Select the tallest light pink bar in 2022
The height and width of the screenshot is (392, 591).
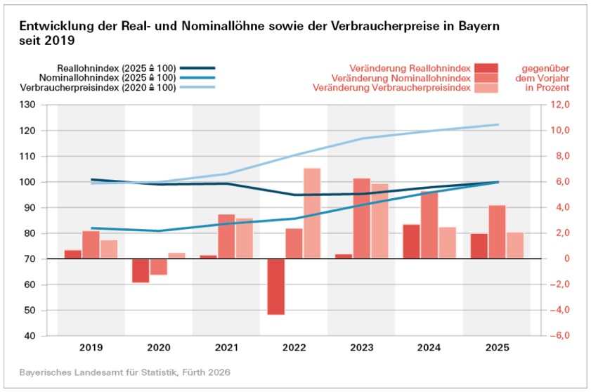pos(312,213)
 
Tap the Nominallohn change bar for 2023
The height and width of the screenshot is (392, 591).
pos(362,218)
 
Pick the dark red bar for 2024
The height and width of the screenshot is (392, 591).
pos(412,241)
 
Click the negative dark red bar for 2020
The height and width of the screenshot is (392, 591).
pos(141,270)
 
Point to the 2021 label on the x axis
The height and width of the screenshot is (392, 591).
pos(226,348)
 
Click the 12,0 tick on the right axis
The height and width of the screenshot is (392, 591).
pos(556,105)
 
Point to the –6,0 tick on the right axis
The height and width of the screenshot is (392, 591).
pos(556,336)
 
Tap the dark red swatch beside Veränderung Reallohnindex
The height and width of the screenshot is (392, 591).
pos(486,68)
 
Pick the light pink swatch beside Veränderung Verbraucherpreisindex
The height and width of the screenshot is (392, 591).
pos(486,88)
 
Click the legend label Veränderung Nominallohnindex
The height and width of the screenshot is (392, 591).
pos(401,78)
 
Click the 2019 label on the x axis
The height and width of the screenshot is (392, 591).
pos(91,348)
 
